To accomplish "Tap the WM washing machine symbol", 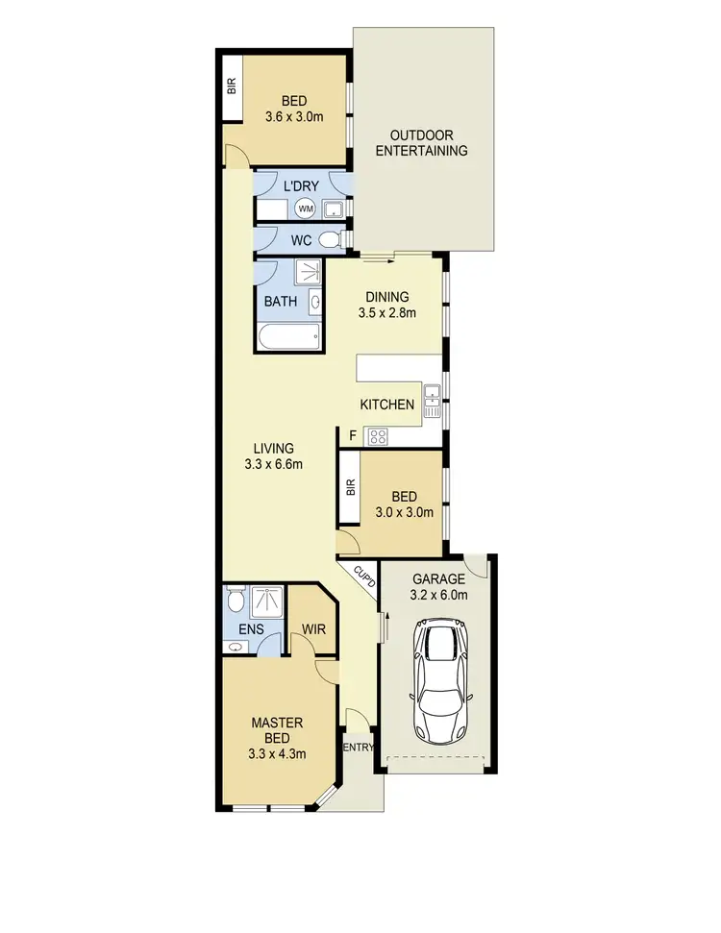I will coord(306,209).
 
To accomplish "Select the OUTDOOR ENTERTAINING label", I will coord(421,143).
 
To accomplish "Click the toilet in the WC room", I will coord(330,240).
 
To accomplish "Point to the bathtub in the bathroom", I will coord(288,337).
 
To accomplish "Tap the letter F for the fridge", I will coord(353,436).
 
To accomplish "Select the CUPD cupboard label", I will coord(363,580).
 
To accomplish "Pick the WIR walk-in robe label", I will coord(313,630).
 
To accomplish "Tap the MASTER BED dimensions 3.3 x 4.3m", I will coord(278,753).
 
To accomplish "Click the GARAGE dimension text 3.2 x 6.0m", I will coord(438,595).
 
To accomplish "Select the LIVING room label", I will coord(274,449).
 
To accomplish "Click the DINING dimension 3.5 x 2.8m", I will coord(386,312).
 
